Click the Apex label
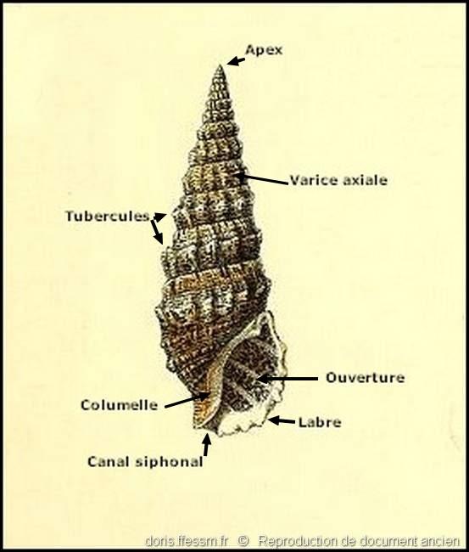[264, 49]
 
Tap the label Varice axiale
[338, 180]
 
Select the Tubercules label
[108, 216]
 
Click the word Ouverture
[365, 378]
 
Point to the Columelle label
[120, 405]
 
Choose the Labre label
[320, 422]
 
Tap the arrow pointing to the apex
[236, 61]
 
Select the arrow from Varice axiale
[263, 178]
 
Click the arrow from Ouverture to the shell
[288, 379]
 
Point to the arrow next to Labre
[282, 420]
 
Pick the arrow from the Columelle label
[187, 401]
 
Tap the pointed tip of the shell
[221, 66]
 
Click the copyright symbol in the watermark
[243, 541]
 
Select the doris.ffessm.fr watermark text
[187, 541]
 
